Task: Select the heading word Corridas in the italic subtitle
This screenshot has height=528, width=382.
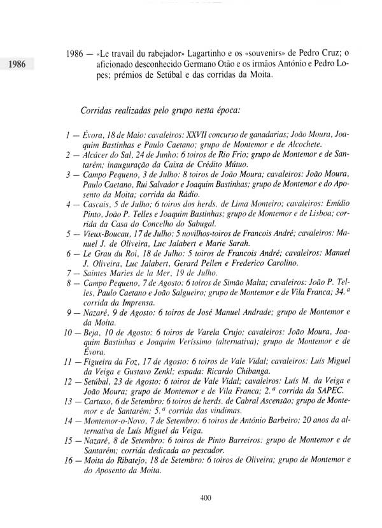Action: coord(99,110)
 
